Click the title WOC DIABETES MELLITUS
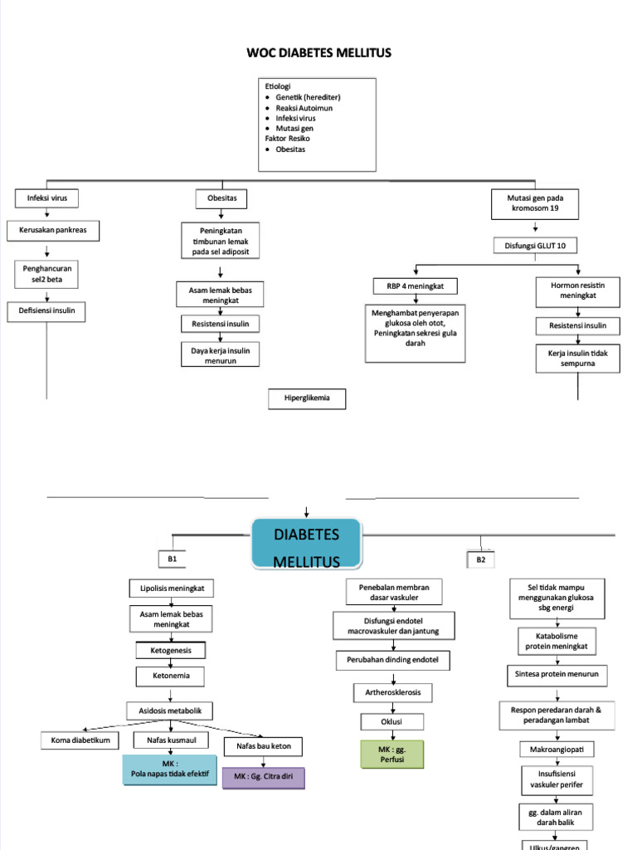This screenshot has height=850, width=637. click(318, 52)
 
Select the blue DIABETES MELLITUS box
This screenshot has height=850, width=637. click(307, 544)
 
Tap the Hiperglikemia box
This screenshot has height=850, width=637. click(307, 398)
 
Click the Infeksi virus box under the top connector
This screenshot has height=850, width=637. click(46, 198)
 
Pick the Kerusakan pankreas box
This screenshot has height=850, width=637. click(53, 231)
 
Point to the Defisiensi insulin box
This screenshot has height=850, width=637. click(46, 311)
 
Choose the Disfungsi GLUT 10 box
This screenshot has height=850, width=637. click(535, 246)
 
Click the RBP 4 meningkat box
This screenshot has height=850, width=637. click(415, 286)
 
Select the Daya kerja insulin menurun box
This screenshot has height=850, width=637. click(220, 354)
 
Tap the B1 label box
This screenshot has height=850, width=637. click(173, 559)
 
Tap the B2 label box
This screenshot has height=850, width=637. click(480, 559)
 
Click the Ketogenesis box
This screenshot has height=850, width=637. click(171, 651)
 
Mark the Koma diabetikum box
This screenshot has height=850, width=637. click(80, 740)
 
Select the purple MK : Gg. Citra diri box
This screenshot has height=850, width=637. click(263, 777)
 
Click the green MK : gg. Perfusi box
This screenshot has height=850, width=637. click(392, 754)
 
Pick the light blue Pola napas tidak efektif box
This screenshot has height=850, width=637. click(169, 769)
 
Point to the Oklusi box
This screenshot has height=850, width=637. click(391, 722)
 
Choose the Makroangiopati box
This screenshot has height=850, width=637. click(557, 750)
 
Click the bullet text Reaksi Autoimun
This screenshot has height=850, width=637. click(304, 108)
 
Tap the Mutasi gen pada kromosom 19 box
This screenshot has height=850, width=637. click(535, 204)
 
